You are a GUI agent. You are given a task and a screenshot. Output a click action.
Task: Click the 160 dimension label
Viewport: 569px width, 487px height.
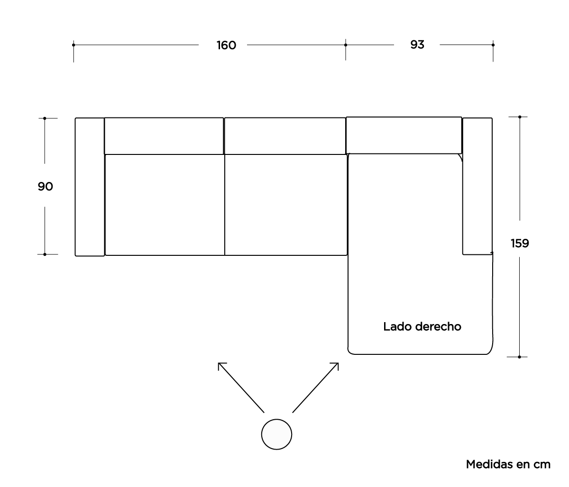click(226, 45)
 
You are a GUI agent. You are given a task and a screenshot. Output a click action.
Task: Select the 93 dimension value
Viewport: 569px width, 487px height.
click(417, 45)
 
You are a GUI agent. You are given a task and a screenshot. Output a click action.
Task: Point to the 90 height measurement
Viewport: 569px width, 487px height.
click(45, 187)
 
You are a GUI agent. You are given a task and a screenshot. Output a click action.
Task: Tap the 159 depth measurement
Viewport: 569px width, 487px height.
click(520, 243)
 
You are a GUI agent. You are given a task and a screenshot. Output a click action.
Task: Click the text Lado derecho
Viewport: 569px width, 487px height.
click(422, 326)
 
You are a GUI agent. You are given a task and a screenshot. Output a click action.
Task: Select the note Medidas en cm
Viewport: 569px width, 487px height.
click(508, 464)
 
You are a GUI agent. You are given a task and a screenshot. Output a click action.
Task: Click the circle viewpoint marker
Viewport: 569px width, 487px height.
click(276, 434)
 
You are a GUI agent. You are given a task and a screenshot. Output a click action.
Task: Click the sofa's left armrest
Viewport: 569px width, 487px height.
click(90, 187)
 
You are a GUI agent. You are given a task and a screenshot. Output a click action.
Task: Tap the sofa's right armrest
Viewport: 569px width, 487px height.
click(477, 186)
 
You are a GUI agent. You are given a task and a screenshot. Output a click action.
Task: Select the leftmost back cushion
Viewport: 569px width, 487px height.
click(164, 135)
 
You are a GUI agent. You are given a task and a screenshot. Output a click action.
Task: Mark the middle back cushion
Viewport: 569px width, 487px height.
click(284, 135)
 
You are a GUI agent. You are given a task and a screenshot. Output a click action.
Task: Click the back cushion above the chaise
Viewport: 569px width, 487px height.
click(404, 135)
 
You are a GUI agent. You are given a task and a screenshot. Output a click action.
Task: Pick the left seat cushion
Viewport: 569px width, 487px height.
click(165, 205)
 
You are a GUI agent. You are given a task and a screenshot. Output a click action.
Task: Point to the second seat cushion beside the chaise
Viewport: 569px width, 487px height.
click(285, 205)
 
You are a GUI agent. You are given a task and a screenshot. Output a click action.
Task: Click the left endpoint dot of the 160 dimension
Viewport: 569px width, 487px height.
click(73, 45)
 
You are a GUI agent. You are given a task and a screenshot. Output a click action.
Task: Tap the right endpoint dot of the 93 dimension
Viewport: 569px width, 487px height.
click(493, 45)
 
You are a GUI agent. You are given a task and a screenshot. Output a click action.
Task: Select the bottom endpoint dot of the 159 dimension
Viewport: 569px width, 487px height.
click(520, 356)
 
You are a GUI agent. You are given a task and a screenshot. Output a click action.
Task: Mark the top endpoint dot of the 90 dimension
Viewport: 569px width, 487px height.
click(45, 118)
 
